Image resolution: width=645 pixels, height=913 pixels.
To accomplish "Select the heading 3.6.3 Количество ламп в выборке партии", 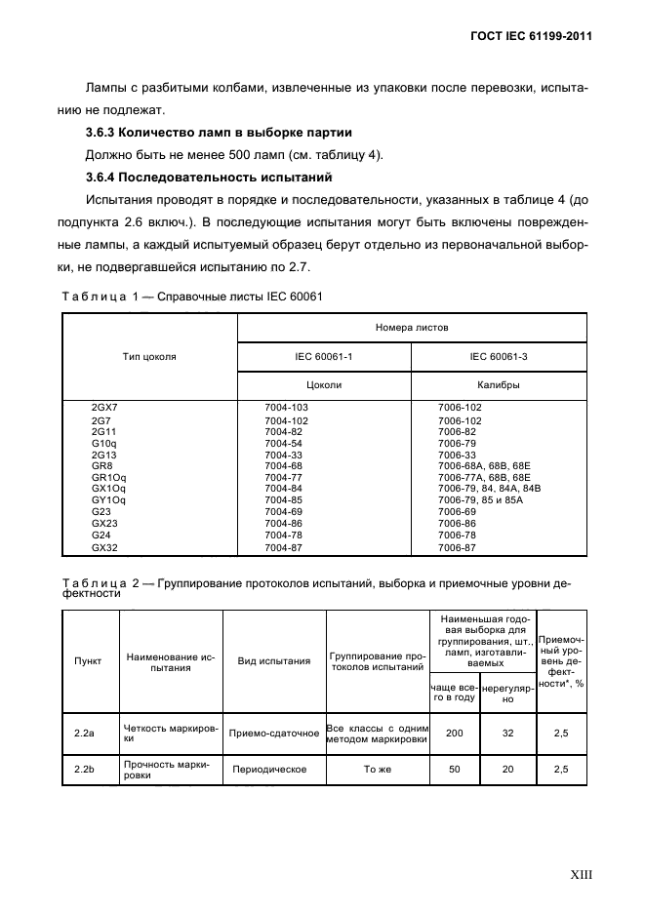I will pos(220,132).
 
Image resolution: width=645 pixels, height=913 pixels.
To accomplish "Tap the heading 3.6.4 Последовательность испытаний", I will pos(210,177).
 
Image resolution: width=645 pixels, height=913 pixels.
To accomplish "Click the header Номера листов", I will pos(412,329).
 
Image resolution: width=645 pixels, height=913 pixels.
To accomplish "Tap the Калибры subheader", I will pos(498,384).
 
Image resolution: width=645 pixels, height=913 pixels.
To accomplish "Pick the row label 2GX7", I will pos(103,407).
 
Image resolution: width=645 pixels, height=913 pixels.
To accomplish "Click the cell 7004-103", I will pos(286,407).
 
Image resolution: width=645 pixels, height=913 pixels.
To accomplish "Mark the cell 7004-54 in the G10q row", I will pos(282,443).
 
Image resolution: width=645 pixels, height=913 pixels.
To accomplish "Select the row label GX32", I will pos(104,548).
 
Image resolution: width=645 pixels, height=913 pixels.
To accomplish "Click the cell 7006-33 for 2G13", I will pos(457,455).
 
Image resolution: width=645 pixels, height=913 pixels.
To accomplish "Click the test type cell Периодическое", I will pos(269,770).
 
